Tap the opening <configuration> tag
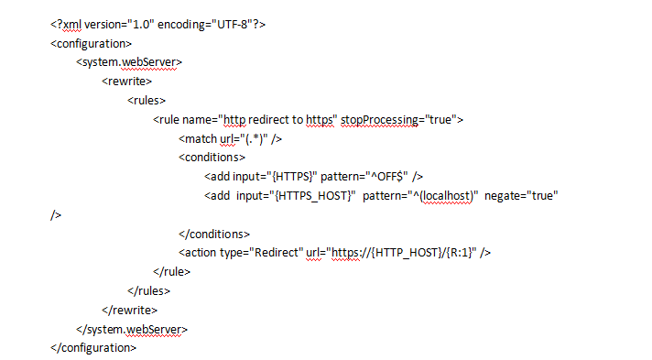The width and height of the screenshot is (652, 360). pyautogui.click(x=92, y=43)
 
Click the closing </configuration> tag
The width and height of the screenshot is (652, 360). pyautogui.click(x=94, y=347)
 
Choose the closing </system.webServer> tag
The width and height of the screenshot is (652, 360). pyautogui.click(x=133, y=328)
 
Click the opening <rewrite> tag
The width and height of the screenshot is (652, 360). pyautogui.click(x=129, y=82)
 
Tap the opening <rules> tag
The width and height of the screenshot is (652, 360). pyautogui.click(x=147, y=101)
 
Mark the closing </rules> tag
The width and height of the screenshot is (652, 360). pyautogui.click(x=149, y=290)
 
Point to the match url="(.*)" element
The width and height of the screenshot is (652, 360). pyautogui.click(x=229, y=138)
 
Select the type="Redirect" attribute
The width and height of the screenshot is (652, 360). pyautogui.click(x=262, y=252)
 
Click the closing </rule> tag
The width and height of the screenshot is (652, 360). pyautogui.click(x=171, y=271)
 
